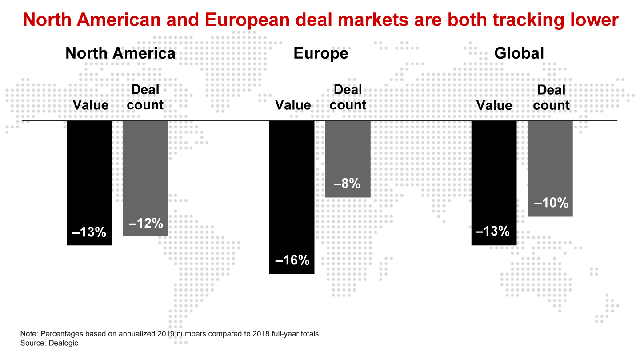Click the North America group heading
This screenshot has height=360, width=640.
pyautogui.click(x=120, y=54)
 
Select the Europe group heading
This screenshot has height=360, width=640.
pyautogui.click(x=320, y=54)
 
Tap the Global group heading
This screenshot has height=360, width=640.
pyautogui.click(x=519, y=54)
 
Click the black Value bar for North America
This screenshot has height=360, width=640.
pyautogui.click(x=89, y=178)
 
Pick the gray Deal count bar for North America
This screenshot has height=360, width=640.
pyautogui.click(x=145, y=173)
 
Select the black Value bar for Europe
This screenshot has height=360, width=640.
pyautogui.click(x=292, y=191)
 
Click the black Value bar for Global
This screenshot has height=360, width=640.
pyautogui.click(x=494, y=178)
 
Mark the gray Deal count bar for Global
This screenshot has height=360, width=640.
pyautogui.click(x=550, y=164)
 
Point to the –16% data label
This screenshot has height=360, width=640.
pyautogui.click(x=292, y=260)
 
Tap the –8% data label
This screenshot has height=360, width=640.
pyautogui.click(x=348, y=183)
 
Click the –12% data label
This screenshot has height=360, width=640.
pyautogui.click(x=146, y=223)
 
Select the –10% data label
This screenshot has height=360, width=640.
pyautogui.click(x=551, y=203)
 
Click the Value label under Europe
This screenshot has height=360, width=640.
pyautogui.click(x=293, y=105)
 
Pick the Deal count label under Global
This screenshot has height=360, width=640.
pyautogui.click(x=551, y=98)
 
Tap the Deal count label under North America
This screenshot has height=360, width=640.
pyautogui.click(x=145, y=98)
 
